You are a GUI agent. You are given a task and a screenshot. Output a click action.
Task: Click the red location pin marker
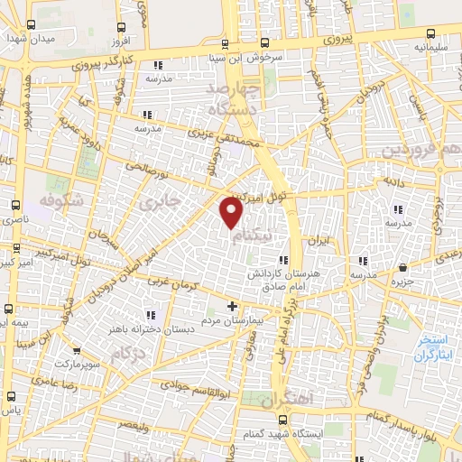click(232, 212)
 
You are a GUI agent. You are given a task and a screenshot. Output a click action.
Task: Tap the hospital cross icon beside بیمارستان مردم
click(232, 307)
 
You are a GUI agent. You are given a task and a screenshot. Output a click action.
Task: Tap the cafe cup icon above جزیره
click(402, 267)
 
